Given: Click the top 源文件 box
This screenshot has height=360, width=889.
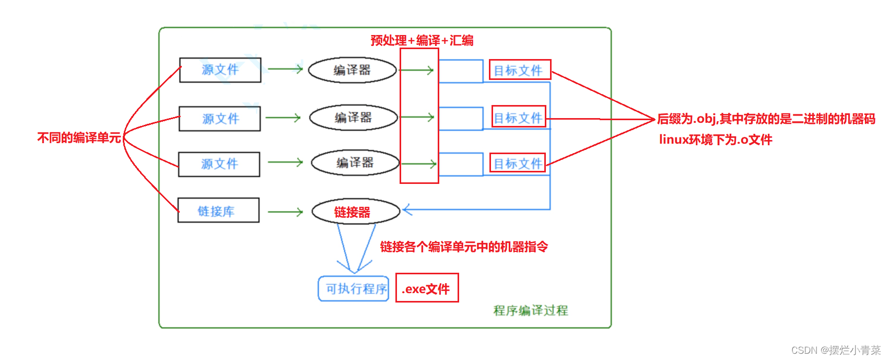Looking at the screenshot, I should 220,70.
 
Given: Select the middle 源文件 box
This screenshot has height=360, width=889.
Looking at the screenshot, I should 220,119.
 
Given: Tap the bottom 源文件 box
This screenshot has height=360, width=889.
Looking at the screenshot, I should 219,164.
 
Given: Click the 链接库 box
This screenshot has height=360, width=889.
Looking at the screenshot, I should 218,210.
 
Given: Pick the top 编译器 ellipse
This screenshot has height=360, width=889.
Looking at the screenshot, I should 352,71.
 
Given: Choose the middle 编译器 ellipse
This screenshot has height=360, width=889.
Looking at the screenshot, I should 353,118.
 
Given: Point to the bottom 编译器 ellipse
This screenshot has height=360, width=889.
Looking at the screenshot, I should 355,163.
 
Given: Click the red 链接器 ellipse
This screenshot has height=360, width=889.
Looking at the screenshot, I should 355,212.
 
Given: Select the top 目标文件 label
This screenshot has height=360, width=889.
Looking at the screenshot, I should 520,69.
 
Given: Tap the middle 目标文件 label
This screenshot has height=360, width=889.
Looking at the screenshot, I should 519,117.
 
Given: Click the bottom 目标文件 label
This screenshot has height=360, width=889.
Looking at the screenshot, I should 518,163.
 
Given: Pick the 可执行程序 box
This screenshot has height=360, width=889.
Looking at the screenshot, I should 354,288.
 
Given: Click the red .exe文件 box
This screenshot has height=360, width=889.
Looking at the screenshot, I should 427,288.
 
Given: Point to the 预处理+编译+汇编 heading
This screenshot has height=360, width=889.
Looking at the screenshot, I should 422,40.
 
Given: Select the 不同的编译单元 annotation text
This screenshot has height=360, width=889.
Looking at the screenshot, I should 79,137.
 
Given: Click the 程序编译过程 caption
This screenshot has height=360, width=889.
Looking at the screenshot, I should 531,310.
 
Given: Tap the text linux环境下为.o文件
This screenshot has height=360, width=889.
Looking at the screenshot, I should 716,140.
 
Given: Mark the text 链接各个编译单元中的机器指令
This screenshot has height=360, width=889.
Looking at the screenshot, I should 464,247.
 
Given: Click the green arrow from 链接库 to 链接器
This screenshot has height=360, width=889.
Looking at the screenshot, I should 285,212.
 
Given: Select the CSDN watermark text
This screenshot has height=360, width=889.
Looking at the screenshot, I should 836,350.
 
